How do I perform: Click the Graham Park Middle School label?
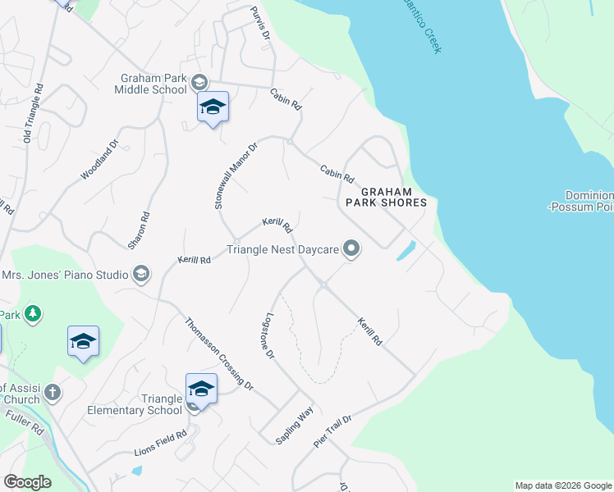pyautogui.click(x=153, y=84)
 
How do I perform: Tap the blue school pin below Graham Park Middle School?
pyautogui.click(x=213, y=107)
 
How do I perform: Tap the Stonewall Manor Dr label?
pyautogui.click(x=236, y=175)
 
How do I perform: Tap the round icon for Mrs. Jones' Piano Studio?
pyautogui.click(x=140, y=274)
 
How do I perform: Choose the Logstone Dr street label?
pyautogui.click(x=265, y=336)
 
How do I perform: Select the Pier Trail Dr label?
pyautogui.click(x=332, y=431)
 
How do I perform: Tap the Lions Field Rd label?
pyautogui.click(x=161, y=443)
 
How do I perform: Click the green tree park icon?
pyautogui.click(x=32, y=313)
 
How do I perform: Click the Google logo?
pyautogui.click(x=28, y=482)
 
